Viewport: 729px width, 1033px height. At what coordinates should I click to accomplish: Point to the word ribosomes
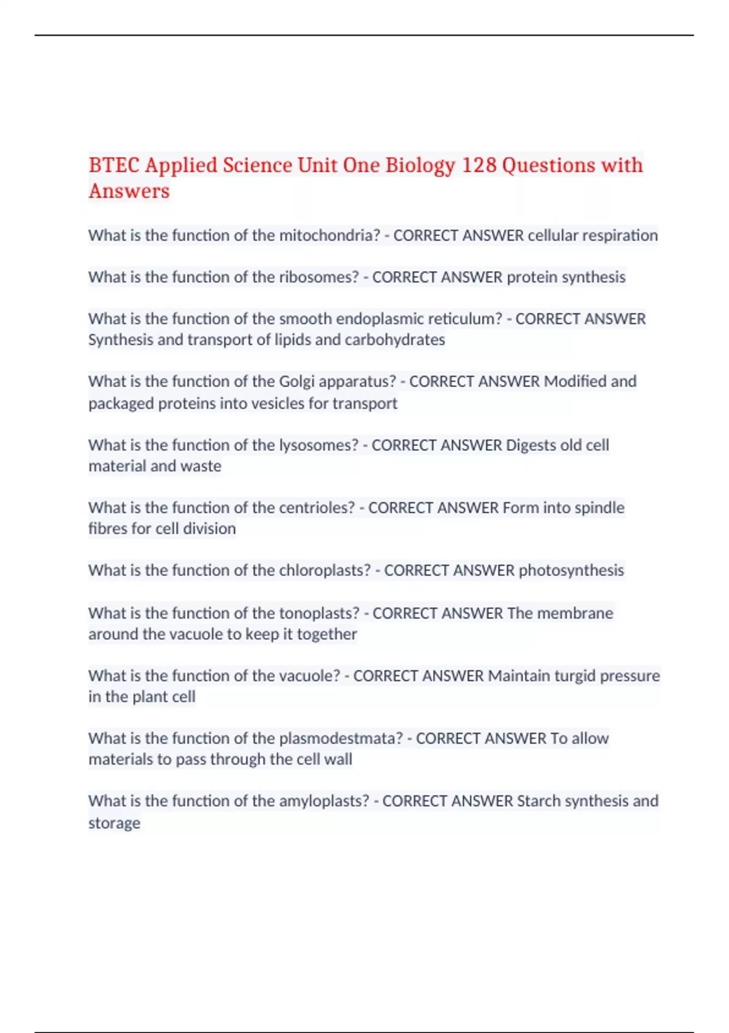319,277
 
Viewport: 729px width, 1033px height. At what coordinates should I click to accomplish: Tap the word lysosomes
319,445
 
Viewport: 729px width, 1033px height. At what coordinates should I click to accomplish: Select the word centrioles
317,508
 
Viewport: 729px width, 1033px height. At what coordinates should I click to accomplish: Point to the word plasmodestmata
341,738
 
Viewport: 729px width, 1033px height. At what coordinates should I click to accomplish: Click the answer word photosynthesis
571,571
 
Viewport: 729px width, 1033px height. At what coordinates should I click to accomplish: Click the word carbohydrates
395,340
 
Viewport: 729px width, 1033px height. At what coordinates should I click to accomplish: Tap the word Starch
538,801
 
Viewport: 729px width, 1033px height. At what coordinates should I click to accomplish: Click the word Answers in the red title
129,191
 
